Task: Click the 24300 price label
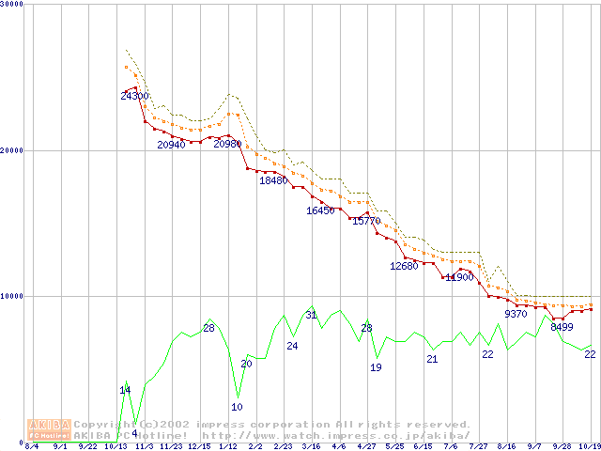(x=134, y=96)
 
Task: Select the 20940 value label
(x=171, y=145)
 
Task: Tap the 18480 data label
(x=273, y=179)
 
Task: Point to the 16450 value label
(x=320, y=210)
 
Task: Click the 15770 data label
(x=366, y=221)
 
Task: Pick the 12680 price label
(x=404, y=266)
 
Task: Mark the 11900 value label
(x=459, y=277)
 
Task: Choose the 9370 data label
(x=516, y=314)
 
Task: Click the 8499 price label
(x=562, y=327)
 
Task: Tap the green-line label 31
(x=311, y=314)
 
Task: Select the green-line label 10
(x=237, y=407)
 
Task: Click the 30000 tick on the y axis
(x=11, y=4)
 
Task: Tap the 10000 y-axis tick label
(x=11, y=296)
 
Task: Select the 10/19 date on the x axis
(x=589, y=446)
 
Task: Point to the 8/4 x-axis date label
(x=32, y=446)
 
